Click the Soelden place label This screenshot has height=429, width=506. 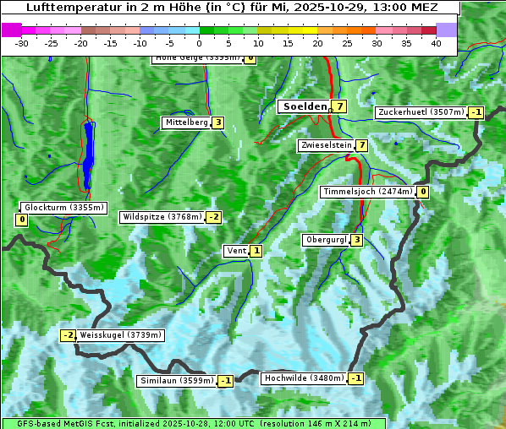[x=303, y=106]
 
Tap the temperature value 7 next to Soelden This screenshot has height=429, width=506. [x=339, y=106]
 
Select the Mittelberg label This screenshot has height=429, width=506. [x=186, y=122]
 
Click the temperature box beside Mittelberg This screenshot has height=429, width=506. [x=218, y=122]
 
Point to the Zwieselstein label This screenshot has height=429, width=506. [x=326, y=145]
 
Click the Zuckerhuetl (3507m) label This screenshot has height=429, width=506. [x=421, y=112]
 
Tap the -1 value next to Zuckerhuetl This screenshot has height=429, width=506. [x=476, y=112]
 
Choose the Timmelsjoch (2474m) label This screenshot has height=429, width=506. [x=368, y=192]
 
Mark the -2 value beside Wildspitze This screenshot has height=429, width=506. [x=213, y=217]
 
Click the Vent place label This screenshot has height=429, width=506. [x=236, y=251]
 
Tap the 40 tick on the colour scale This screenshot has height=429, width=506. [x=435, y=43]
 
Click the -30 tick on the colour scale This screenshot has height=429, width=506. [x=22, y=43]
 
